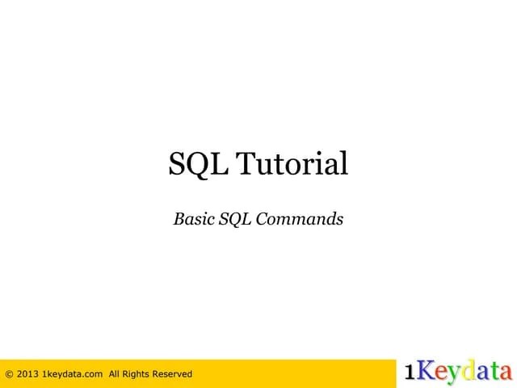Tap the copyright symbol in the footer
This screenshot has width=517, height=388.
tap(9, 373)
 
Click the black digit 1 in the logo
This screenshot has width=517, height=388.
tap(410, 372)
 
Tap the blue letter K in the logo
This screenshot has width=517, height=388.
tap(425, 371)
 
